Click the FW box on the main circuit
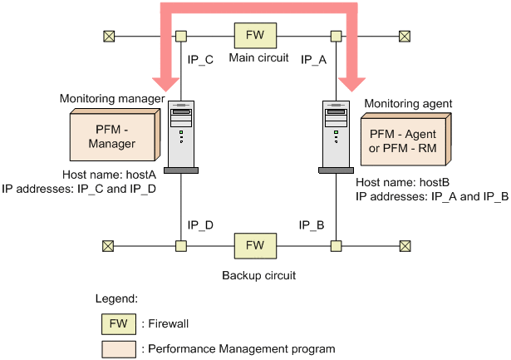(256, 36)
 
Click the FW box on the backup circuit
(256, 245)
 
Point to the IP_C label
(200, 59)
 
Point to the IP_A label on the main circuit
(313, 59)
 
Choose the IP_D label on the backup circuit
(200, 224)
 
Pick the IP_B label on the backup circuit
(313, 224)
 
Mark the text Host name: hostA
(109, 175)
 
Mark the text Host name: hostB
(402, 182)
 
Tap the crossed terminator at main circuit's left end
(108, 36)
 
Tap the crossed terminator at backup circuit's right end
(405, 245)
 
